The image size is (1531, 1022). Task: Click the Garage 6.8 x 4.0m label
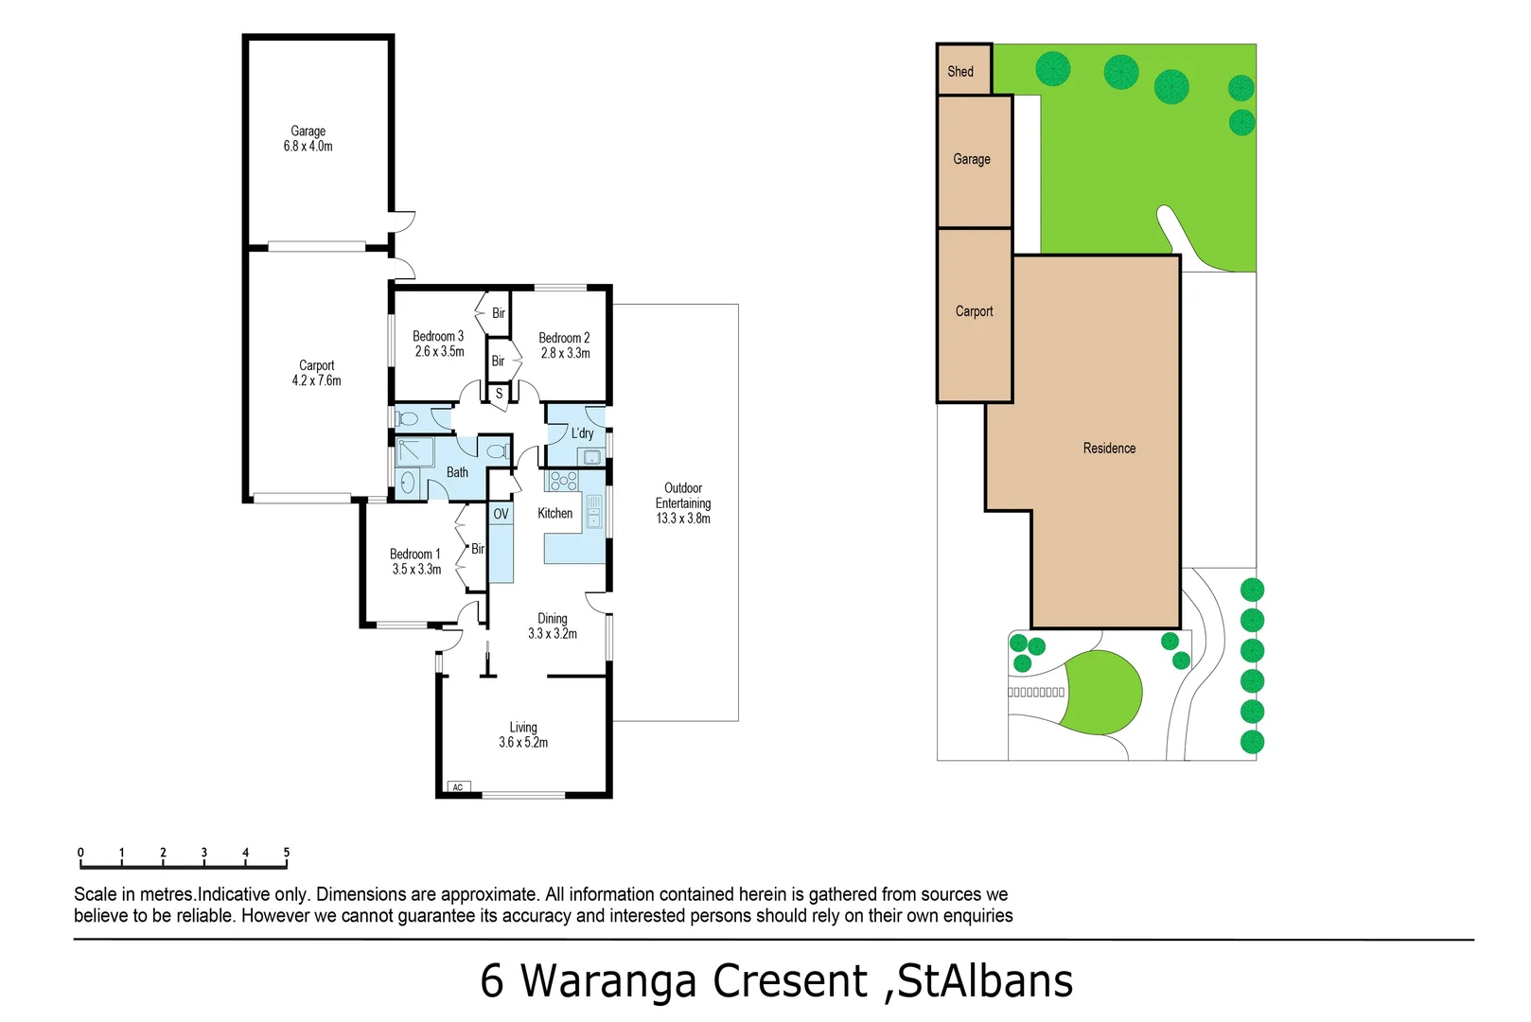tap(308, 139)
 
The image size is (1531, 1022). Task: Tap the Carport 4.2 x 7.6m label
tap(316, 373)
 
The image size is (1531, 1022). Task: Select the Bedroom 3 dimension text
tap(439, 352)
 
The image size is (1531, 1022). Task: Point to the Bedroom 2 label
tap(564, 338)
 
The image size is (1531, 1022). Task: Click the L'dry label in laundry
tap(582, 433)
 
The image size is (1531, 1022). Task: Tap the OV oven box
tap(501, 514)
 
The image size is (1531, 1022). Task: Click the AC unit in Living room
tap(458, 787)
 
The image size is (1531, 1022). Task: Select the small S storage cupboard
tap(499, 394)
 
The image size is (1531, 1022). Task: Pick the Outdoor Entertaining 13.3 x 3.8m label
tap(682, 503)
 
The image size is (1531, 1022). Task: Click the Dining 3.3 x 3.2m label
tap(553, 626)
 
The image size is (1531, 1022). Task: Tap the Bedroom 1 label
tap(414, 555)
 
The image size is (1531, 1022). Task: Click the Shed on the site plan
tap(961, 71)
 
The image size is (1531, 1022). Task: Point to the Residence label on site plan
tap(1109, 449)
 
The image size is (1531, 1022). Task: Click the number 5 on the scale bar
tap(287, 853)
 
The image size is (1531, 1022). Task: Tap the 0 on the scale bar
tap(80, 853)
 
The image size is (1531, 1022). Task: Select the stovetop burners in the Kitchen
tap(563, 482)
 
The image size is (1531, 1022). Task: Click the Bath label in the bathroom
tap(457, 472)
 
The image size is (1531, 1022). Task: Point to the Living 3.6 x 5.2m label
tap(523, 735)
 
